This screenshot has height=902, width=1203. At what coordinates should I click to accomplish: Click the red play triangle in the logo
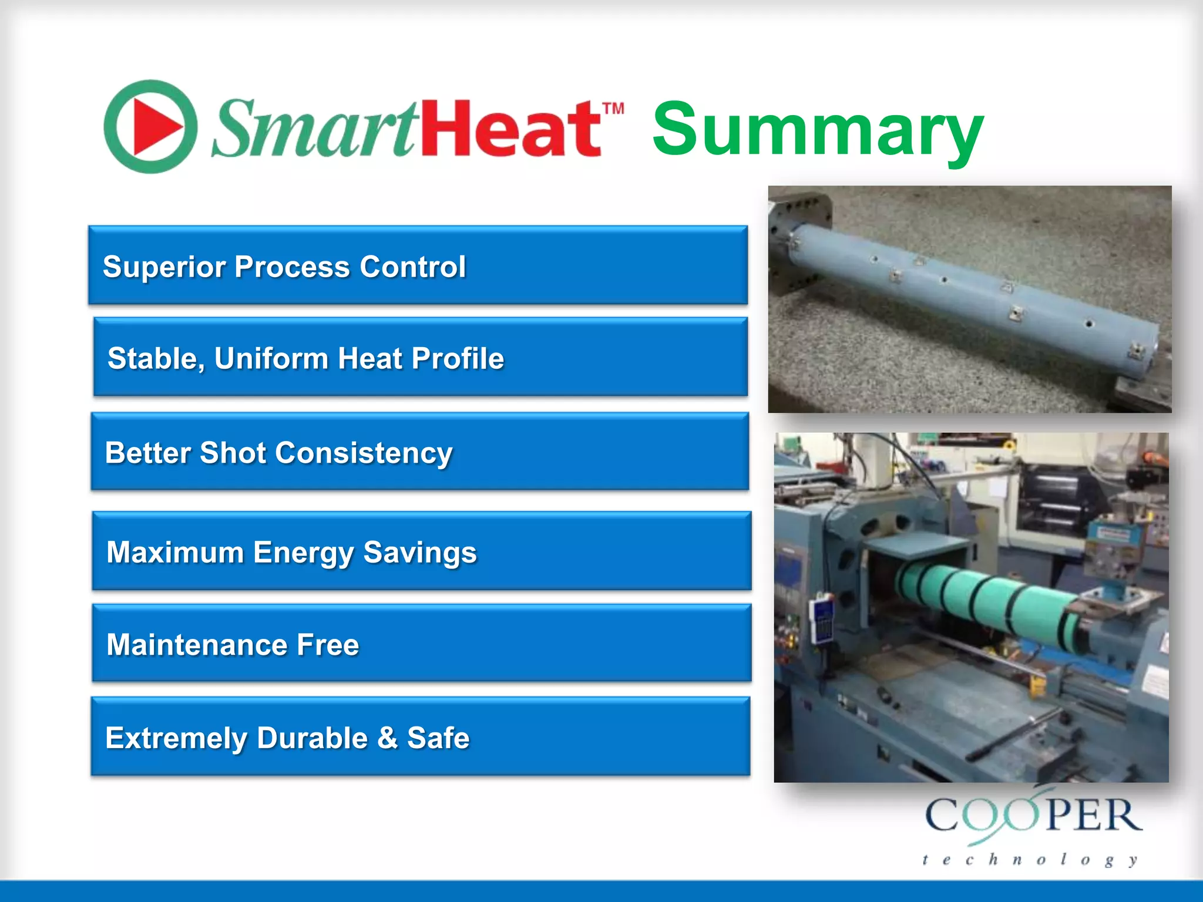156,127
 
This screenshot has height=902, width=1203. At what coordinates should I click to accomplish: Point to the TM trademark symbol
613,109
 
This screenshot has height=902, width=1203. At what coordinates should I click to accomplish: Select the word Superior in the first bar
164,267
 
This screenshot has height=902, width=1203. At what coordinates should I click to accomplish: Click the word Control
412,267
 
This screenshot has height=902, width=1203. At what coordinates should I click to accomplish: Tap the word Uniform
271,358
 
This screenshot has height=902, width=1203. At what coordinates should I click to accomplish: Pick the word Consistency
364,454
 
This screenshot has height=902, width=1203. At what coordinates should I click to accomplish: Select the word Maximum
175,553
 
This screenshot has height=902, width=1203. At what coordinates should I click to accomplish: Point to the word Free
328,645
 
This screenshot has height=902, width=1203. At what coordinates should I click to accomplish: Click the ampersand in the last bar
387,738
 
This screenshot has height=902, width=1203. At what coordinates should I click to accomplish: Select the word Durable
312,738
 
